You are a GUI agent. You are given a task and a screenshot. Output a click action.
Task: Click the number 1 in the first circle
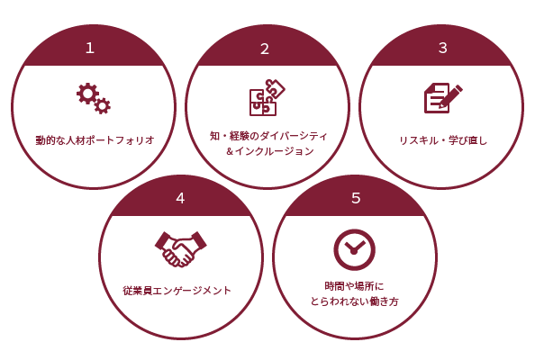tap(90, 48)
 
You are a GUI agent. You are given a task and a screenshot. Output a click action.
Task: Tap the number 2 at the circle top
tap(265, 49)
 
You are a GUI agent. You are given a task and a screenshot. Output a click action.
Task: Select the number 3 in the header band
tap(443, 48)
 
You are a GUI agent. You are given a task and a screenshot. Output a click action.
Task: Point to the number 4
tap(180, 198)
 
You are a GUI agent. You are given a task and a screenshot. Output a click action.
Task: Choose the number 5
tap(356, 198)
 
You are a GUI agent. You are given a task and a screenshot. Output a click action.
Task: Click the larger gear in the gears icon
tap(87, 93)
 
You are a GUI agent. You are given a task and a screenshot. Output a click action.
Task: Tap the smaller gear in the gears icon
tap(102, 105)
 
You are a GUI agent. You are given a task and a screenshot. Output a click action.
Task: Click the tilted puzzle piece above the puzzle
tap(276, 88)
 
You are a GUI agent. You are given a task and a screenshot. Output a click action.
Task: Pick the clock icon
tap(355, 250)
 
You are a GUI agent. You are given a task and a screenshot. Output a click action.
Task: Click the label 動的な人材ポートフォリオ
tap(95, 140)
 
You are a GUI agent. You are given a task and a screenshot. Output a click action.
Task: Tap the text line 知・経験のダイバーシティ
tap(268, 136)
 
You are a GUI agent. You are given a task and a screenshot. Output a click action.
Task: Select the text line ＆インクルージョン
tap(269, 151)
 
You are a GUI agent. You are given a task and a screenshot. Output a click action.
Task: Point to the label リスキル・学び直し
tap(443, 140)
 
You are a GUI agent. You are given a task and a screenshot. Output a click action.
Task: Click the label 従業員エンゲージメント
tap(177, 291)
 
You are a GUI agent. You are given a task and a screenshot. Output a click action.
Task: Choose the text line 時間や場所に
tap(354, 286)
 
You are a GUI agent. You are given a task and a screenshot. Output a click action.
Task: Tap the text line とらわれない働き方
tap(354, 301)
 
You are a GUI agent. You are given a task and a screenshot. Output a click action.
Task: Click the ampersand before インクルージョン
tap(230, 151)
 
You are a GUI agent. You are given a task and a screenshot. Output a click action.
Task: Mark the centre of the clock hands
tap(353, 252)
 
